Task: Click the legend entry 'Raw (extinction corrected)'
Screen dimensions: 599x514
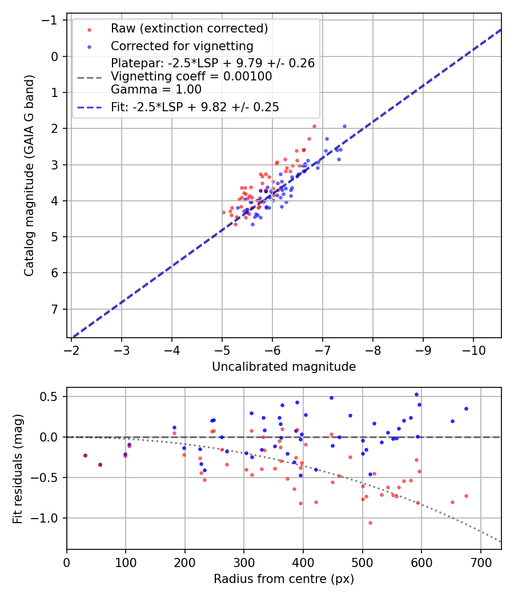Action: [189, 29]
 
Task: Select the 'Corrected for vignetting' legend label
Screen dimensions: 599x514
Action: [182, 46]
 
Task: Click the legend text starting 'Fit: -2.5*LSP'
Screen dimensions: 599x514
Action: [195, 107]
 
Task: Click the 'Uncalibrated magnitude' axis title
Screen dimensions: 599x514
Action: [284, 367]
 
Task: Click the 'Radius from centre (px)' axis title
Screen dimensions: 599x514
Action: [284, 579]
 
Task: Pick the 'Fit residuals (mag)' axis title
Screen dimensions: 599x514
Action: [18, 469]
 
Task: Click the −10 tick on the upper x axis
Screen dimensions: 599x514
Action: [473, 349]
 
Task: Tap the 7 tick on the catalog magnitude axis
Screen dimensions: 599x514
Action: [56, 309]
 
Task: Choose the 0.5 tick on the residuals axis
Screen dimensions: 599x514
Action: [53, 396]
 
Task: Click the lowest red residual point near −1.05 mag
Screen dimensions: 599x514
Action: [370, 523]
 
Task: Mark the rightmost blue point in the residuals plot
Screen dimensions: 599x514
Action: [466, 408]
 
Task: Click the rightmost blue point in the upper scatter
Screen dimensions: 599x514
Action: [344, 126]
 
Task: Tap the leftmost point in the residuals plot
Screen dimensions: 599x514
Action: [85, 455]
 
